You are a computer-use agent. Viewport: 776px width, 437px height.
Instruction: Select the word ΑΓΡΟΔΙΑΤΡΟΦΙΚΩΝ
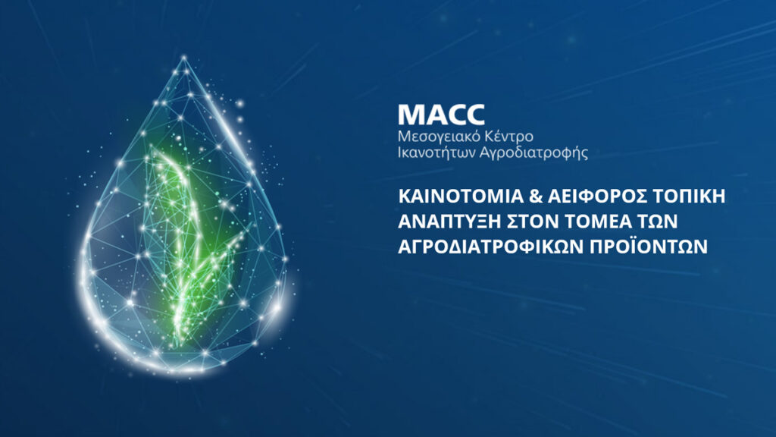tap(491, 247)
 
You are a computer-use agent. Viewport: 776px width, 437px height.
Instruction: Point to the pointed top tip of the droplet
tap(184, 57)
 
